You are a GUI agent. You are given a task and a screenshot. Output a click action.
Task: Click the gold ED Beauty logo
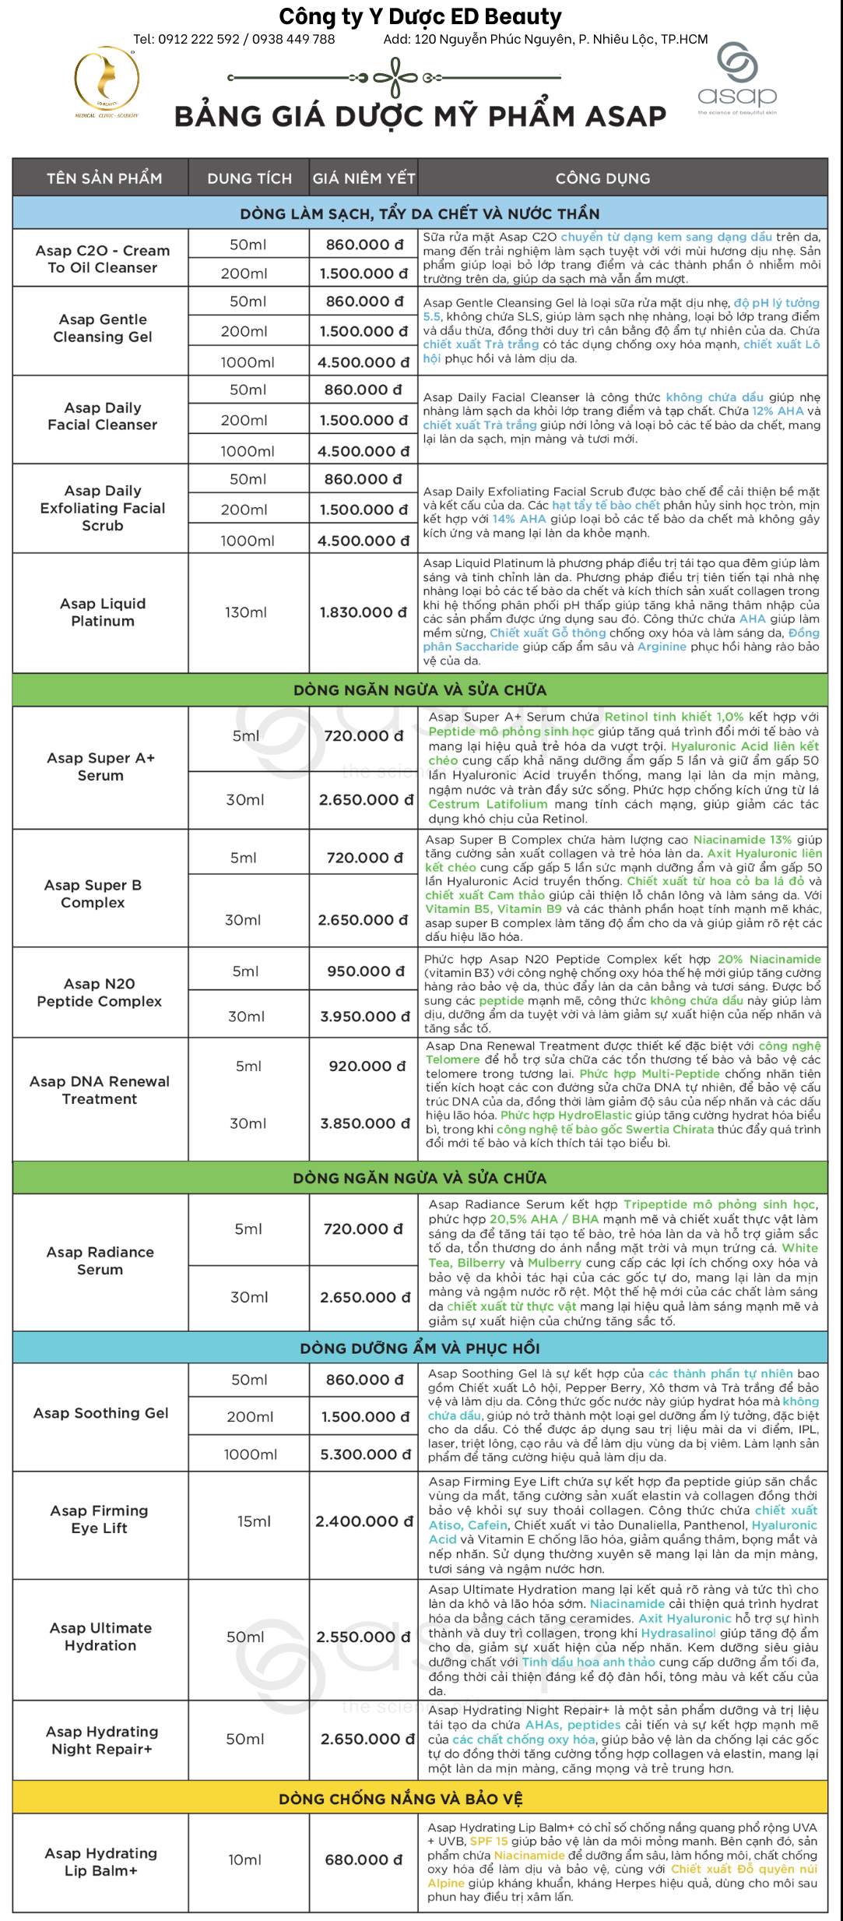coord(107,81)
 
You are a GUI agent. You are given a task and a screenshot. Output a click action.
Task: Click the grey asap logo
coord(737,79)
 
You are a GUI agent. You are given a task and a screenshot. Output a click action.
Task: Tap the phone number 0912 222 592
coord(198,39)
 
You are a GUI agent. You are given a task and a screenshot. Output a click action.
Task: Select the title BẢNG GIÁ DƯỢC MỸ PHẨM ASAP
coord(420,117)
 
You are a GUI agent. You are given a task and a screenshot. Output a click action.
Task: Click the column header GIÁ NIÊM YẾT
coord(364,178)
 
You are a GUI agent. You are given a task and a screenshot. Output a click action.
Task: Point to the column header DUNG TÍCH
coord(249,178)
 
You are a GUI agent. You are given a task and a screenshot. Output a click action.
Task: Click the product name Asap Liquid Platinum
coord(103,612)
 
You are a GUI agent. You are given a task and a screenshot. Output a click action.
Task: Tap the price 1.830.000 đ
coord(363,612)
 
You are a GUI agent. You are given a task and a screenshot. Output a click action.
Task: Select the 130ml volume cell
coord(246,612)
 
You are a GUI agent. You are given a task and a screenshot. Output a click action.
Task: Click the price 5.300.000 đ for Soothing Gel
coord(365,1454)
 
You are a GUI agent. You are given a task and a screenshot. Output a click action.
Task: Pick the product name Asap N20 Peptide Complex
coord(100,992)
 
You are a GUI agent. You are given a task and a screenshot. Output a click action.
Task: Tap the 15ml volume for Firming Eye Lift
coord(254,1521)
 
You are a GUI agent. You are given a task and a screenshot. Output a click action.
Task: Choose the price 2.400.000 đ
coord(364,1521)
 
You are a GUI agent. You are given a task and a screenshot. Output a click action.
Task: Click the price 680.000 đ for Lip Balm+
coord(364,1860)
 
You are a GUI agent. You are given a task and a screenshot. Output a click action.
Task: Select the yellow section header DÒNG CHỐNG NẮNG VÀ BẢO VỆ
coord(401,1799)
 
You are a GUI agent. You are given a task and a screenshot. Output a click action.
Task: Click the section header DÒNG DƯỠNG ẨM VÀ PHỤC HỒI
coord(420,1348)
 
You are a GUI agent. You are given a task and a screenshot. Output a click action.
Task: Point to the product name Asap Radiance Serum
coord(100,1260)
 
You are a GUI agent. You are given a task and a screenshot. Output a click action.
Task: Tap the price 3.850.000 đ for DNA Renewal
coord(364,1123)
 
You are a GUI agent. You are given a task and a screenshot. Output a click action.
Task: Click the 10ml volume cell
coord(245,1860)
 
